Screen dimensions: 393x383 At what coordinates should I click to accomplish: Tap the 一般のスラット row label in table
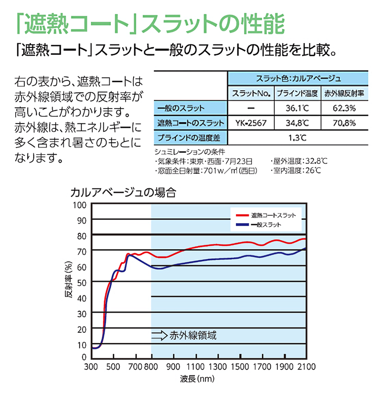[x=178, y=108]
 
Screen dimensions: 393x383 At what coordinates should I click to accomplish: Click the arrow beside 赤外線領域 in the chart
[x=159, y=335]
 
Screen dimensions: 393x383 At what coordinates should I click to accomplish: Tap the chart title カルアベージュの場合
[x=123, y=193]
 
